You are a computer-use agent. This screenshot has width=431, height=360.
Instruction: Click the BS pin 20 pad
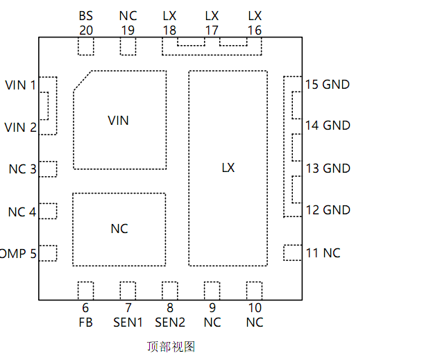[85, 46]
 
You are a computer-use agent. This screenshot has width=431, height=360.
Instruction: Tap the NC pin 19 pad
[128, 46]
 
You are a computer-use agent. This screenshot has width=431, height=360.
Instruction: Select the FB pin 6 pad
[85, 291]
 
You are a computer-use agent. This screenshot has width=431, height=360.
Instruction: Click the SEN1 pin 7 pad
[128, 291]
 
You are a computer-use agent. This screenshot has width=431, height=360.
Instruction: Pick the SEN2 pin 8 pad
[170, 291]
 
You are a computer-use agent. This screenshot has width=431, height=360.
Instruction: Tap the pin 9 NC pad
[212, 291]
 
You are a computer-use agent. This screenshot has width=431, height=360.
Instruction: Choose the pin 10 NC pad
[255, 291]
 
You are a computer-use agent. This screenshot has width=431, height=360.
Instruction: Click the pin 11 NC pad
[293, 252]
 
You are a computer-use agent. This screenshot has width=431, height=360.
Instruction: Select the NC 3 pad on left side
[47, 169]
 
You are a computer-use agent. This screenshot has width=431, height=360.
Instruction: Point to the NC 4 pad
[47, 211]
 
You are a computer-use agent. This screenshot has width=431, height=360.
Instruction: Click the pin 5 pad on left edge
[47, 253]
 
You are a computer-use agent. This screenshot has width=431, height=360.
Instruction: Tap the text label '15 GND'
[328, 85]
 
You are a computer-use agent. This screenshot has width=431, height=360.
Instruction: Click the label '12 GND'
[328, 210]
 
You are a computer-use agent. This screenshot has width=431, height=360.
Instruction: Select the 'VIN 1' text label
[20, 85]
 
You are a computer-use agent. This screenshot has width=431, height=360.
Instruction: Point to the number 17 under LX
[212, 30]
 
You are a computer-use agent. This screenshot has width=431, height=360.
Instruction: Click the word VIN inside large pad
[119, 121]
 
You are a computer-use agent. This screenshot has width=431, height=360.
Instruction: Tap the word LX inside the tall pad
[228, 168]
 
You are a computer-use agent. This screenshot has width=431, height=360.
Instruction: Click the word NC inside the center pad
[119, 229]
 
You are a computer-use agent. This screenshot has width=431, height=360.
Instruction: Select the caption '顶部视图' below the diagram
[171, 346]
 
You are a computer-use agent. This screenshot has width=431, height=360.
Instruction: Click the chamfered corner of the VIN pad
[83, 80]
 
